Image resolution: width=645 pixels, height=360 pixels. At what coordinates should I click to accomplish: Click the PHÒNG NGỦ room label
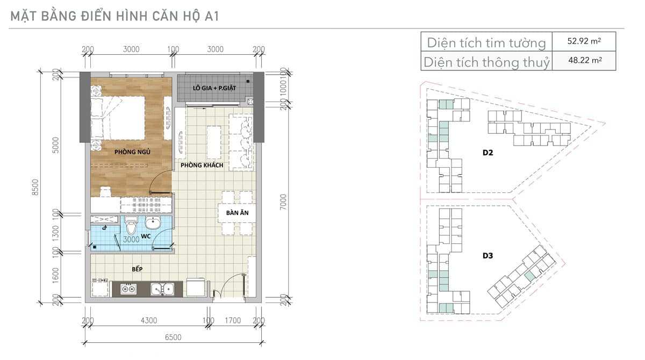(132, 152)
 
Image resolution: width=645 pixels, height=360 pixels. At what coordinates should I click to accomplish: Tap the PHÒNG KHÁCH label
(202, 165)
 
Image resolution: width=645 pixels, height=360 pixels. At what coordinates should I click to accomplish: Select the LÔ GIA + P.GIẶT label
(214, 88)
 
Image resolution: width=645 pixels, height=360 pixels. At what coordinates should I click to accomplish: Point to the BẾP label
(137, 269)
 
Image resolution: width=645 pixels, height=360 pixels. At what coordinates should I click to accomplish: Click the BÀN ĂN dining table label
(237, 213)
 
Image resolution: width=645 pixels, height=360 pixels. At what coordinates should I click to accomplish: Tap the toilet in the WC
(131, 225)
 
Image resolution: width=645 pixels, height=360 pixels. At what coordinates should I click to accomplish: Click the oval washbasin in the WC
(153, 223)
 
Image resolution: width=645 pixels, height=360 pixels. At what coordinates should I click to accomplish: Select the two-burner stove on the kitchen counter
(128, 289)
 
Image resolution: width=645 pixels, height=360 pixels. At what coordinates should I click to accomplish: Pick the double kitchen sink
(162, 289)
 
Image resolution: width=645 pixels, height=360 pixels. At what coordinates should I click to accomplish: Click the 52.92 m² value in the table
(584, 41)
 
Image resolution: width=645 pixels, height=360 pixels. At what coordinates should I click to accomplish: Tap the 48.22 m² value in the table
(585, 60)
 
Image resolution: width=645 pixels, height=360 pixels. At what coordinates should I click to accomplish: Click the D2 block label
(488, 153)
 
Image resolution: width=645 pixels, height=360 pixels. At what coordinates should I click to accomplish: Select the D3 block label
(488, 256)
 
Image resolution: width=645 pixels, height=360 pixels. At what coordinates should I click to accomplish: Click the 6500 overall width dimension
(173, 337)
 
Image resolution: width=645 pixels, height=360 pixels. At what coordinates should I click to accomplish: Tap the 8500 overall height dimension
(35, 188)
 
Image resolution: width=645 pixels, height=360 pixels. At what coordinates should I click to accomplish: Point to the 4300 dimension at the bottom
(149, 320)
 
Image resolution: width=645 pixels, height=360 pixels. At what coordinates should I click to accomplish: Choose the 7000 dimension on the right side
(283, 202)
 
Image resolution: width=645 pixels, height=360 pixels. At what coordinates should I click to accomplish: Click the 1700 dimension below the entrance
(233, 320)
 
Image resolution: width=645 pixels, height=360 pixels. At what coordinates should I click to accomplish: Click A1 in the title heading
(212, 16)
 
